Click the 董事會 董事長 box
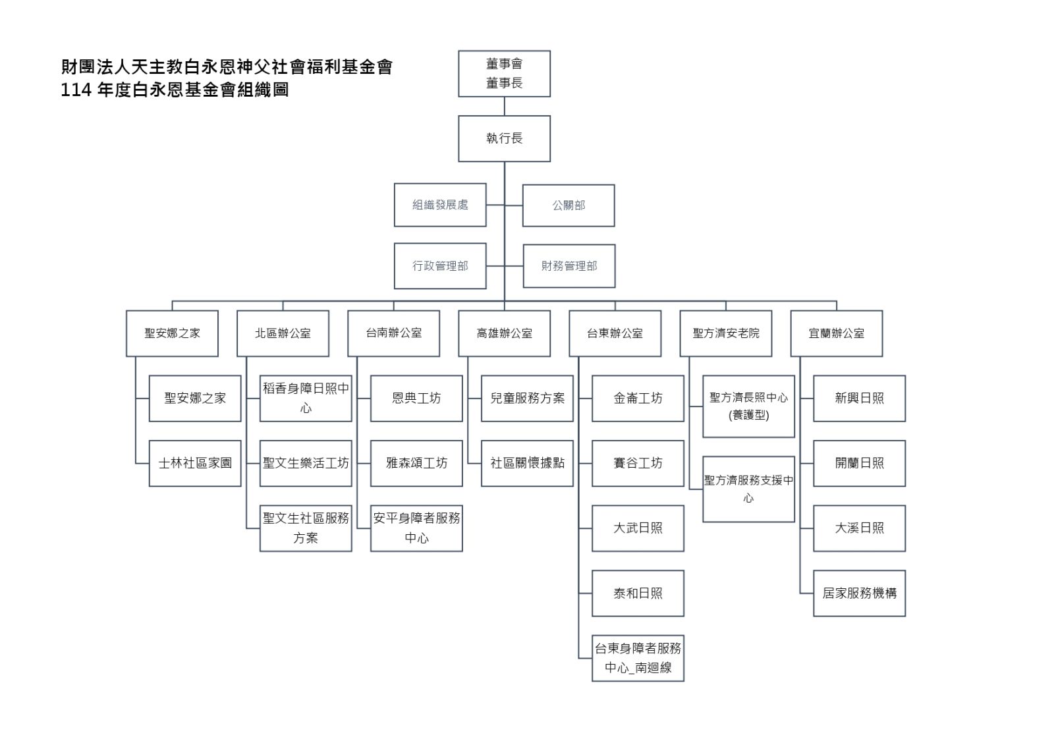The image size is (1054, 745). [505, 74]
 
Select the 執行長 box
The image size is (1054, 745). [505, 139]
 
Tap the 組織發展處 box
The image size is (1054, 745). [440, 206]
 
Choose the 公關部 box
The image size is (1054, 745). [569, 206]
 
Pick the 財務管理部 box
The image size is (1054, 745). [569, 266]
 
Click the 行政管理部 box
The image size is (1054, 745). [440, 266]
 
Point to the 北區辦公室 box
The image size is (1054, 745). [283, 333]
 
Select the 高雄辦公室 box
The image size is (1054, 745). [505, 333]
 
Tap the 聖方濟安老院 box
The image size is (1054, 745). [725, 333]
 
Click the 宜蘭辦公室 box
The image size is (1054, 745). [837, 333]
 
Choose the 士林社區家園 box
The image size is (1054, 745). [195, 464]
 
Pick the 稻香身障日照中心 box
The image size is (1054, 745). [306, 398]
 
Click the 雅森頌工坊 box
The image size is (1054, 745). [416, 464]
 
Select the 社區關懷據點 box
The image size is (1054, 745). [527, 464]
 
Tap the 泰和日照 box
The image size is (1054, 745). [638, 593]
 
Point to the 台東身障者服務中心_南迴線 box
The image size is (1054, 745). [638, 659]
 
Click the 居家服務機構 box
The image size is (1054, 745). [859, 593]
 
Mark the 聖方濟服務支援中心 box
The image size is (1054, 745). [748, 489]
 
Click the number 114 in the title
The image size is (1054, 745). [76, 90]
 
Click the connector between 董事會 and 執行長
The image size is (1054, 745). [505, 106]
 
